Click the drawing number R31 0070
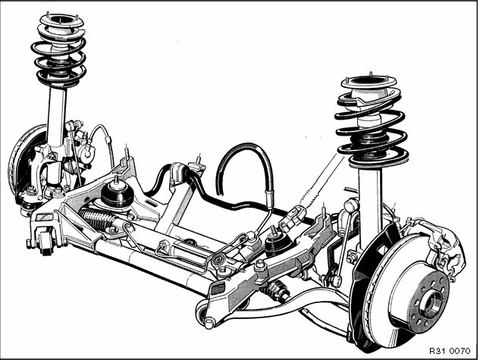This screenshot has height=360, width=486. [x=450, y=351]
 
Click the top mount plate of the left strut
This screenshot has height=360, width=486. [x=62, y=20]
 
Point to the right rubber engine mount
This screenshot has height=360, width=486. [x=277, y=243]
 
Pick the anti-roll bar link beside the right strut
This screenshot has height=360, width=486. [x=345, y=242]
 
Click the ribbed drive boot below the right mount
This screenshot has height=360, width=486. [x=276, y=290]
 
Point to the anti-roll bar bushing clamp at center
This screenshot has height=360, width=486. [x=178, y=173]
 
